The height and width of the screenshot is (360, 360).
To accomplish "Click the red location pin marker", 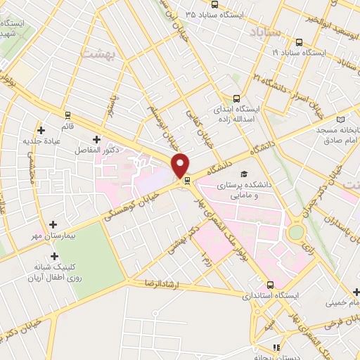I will pyautogui.click(x=181, y=165).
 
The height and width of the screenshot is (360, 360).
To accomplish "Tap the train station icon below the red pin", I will pyautogui.click(x=187, y=181).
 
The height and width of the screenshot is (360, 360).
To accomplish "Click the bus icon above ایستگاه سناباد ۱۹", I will pyautogui.click(x=300, y=41).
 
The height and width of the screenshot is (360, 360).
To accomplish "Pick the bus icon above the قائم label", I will pyautogui.click(x=67, y=115).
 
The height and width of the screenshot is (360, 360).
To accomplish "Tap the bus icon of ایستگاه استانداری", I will pyautogui.click(x=271, y=285).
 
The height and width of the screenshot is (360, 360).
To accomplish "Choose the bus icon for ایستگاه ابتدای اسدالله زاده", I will pyautogui.click(x=236, y=98).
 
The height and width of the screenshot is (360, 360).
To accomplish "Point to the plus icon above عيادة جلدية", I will pyautogui.click(x=41, y=129).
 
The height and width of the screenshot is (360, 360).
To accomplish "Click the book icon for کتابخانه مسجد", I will pyautogui.click(x=342, y=120).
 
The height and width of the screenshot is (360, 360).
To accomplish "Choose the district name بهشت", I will pyautogui.click(x=97, y=53).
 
